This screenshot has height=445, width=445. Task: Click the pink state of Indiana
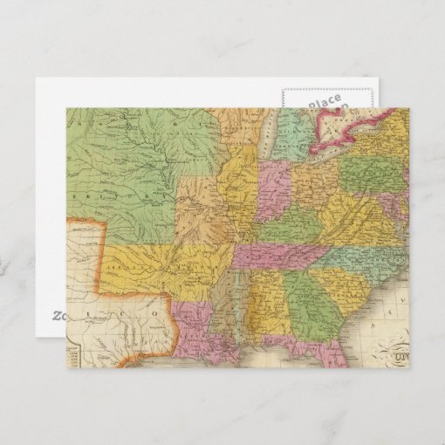271,189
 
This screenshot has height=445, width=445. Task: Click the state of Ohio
313,184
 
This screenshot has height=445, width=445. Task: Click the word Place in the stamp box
324,103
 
